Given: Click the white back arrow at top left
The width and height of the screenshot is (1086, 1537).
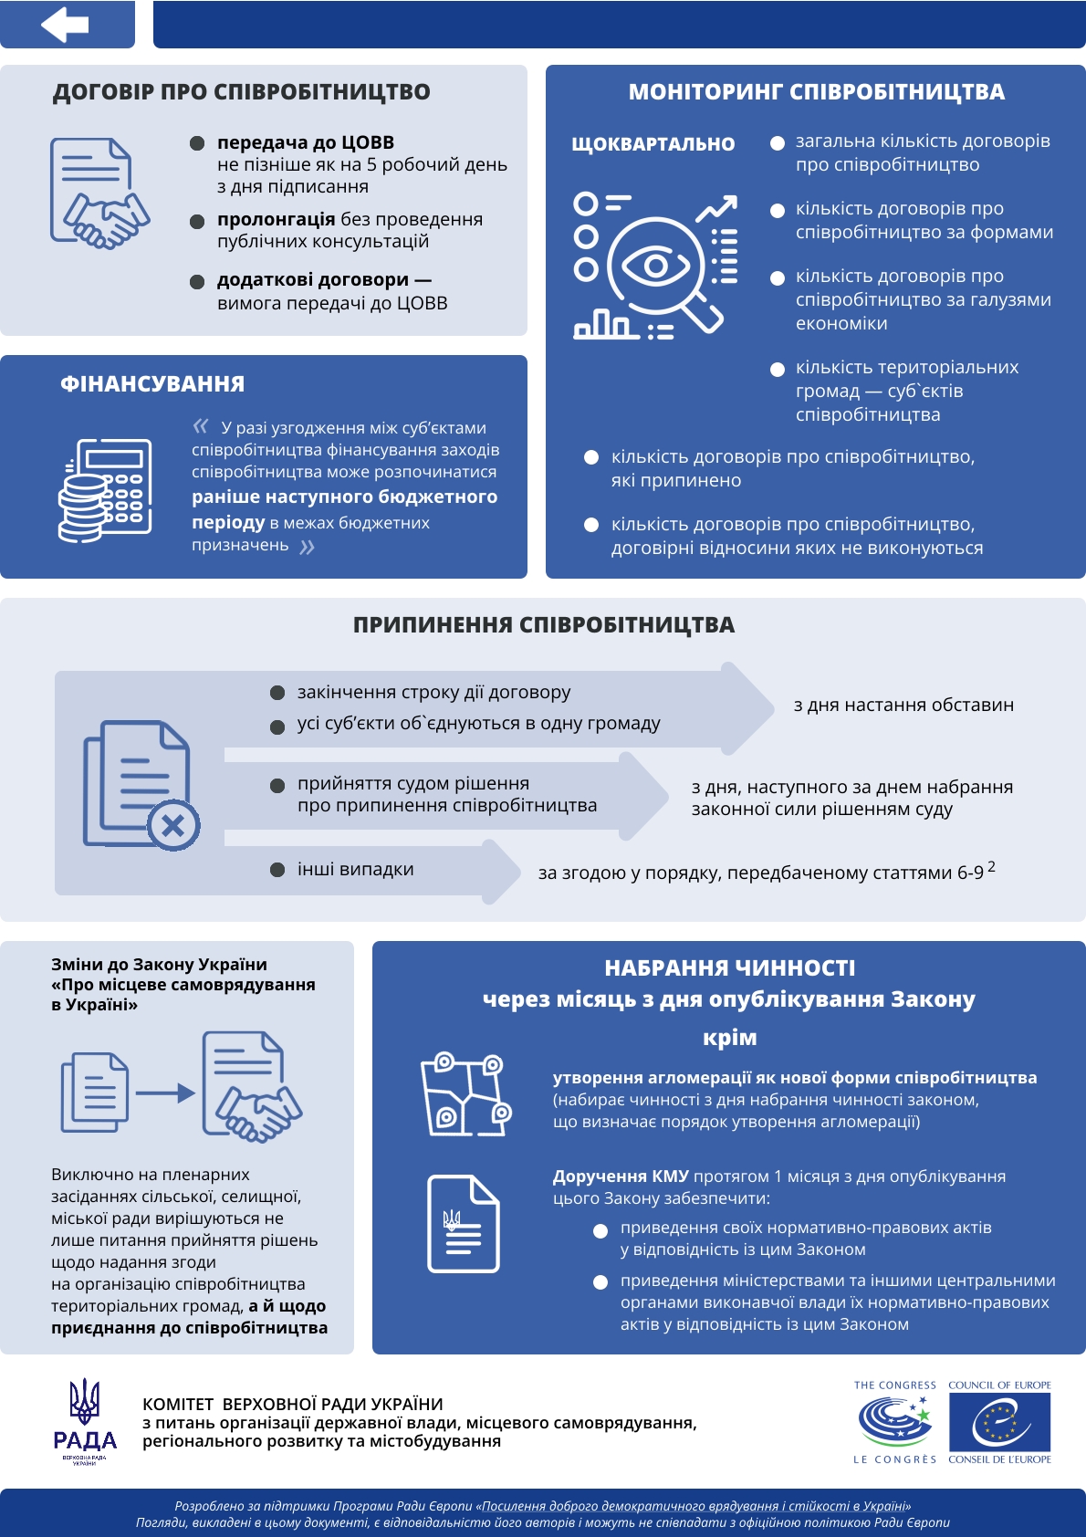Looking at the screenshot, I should coord(65,25).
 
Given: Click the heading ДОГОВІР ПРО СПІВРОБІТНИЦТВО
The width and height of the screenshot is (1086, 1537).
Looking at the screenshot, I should coord(241,92).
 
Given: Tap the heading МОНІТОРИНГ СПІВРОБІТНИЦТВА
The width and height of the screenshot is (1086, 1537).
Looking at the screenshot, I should coord(816,92).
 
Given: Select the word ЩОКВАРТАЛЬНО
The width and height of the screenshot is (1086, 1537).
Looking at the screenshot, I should coord(653,144).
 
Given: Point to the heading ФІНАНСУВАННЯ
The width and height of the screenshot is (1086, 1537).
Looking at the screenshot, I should coord(152,384).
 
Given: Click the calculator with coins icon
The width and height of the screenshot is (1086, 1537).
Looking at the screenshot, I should coord(105,490).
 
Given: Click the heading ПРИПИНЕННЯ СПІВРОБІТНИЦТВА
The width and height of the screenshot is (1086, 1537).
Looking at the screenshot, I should coord(543,625).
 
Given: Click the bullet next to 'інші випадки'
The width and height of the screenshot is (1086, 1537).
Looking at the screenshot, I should coord(277,870).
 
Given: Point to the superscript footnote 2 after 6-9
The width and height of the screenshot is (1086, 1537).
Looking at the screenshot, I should coord(991,866).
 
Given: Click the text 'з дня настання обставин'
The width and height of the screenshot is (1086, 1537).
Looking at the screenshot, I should coord(903,706).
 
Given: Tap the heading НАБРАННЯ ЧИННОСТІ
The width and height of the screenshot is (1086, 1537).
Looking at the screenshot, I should coord(729,968).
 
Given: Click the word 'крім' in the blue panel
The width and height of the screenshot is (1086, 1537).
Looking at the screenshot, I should coord(729,1038).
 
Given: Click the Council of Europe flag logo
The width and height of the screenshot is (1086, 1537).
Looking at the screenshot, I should coord(999,1422).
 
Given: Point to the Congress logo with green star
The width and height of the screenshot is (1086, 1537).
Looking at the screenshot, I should coord(895,1421).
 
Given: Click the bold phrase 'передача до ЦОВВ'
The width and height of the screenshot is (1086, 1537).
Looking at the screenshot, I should coord(306,142).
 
